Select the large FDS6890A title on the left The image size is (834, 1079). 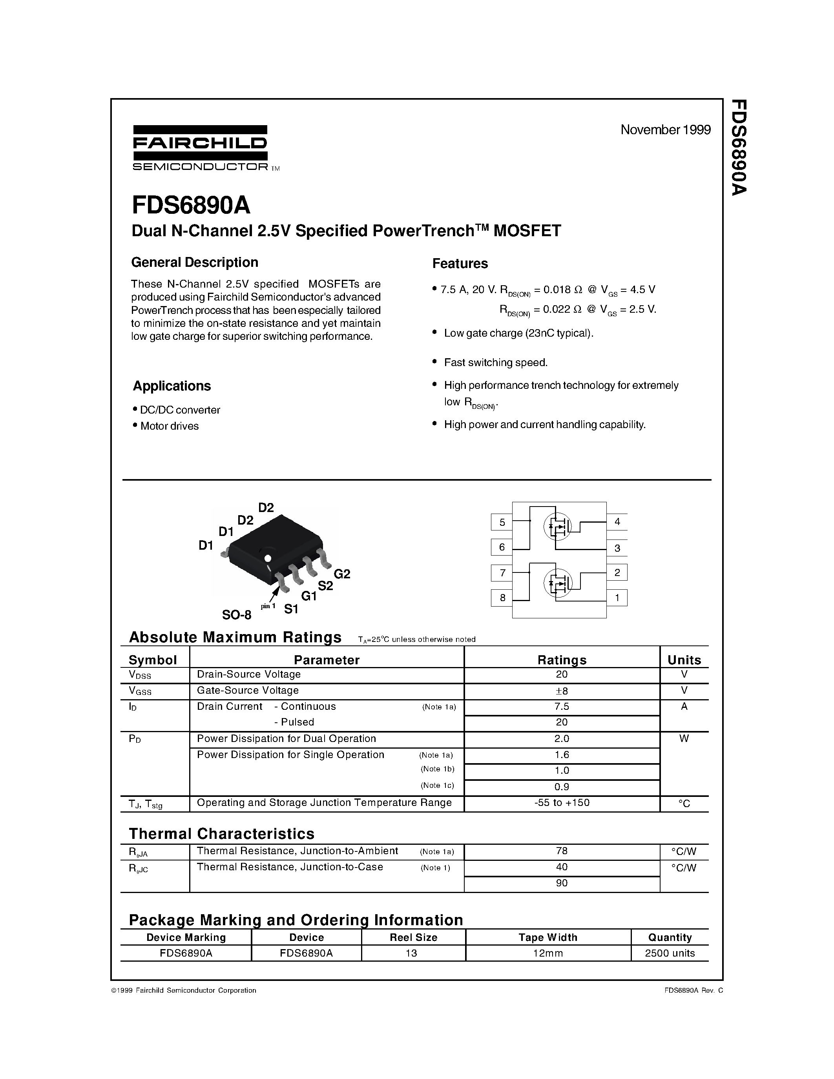[x=191, y=205]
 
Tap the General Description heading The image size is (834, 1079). [x=195, y=262]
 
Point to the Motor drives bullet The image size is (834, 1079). [x=170, y=426]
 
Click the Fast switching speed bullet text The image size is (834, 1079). [x=496, y=363]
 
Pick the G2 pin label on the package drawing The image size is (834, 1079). [x=342, y=574]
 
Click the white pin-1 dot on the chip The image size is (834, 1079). [x=268, y=558]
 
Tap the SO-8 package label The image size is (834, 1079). [x=236, y=615]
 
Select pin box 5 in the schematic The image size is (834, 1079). [x=502, y=522]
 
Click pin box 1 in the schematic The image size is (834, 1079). [x=617, y=598]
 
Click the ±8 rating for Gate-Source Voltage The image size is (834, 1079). [x=561, y=691]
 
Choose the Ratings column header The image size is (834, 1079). [x=562, y=660]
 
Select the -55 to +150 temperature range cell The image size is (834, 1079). [x=562, y=803]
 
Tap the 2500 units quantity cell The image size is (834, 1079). [x=670, y=953]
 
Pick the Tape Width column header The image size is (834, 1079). [x=547, y=937]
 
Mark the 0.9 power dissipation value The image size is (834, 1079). [x=562, y=787]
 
